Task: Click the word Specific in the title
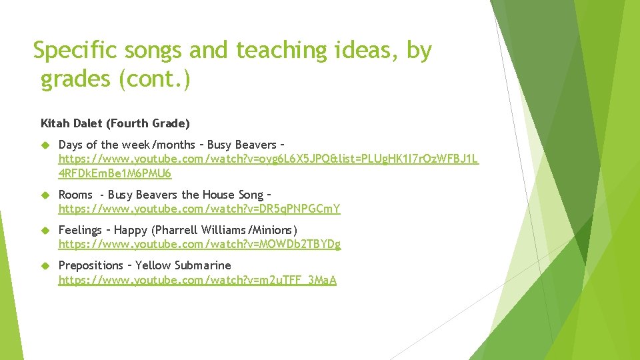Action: (74, 50)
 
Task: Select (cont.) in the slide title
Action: (155, 79)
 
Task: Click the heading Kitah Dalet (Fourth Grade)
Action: (115, 123)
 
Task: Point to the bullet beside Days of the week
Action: (45, 145)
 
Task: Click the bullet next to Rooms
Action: (45, 195)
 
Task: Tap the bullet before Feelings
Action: (45, 230)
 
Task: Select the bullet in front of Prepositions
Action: (45, 265)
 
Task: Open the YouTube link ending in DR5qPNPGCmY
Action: (199, 209)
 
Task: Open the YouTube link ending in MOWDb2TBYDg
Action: (199, 245)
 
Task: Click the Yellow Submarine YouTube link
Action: (197, 280)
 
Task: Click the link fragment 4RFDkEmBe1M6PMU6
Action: (115, 174)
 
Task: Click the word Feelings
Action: (80, 230)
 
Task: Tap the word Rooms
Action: (75, 195)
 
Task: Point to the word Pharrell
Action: (177, 230)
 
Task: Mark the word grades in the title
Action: (75, 79)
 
